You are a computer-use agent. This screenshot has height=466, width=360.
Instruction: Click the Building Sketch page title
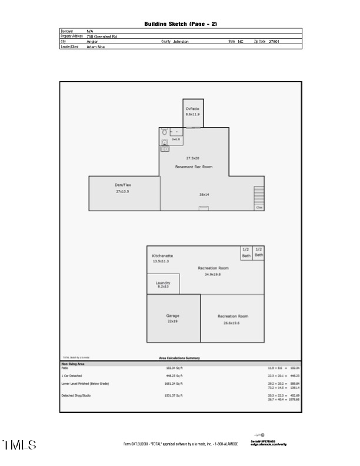point(181,24)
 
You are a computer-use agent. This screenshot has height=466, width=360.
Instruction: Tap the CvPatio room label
point(192,109)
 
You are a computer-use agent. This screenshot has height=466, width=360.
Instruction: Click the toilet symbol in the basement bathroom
point(165,133)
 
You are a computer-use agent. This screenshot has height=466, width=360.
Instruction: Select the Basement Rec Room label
point(194,167)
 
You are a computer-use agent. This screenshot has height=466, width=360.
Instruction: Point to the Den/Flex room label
point(123,185)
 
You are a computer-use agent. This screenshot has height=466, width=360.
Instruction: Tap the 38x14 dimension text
point(204,194)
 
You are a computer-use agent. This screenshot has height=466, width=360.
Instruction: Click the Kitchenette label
point(162,256)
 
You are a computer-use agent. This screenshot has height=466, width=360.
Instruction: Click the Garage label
point(172,316)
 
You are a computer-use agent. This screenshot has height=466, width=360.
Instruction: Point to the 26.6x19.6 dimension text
point(231,323)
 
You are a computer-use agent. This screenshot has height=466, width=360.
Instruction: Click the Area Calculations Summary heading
point(179,358)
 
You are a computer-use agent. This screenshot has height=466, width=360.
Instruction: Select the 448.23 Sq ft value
point(174,375)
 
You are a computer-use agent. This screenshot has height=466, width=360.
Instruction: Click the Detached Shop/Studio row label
point(76,395)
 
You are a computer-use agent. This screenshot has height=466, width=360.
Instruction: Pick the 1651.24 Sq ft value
point(174,384)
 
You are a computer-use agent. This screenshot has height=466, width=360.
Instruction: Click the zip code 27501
point(274,42)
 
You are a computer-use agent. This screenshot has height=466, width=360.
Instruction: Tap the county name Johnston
point(181,42)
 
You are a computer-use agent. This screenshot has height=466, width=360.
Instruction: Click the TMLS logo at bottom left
point(19,445)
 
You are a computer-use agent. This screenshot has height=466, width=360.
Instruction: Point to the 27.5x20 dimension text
point(193,158)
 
